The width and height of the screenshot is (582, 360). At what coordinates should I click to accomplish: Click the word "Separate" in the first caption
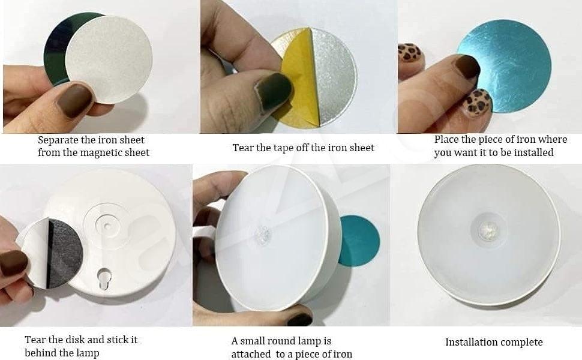57,140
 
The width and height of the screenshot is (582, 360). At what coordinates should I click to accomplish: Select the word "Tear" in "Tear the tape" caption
243,147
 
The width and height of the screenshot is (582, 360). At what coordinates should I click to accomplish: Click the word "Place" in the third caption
447,139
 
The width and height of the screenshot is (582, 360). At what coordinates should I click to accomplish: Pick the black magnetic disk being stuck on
63,252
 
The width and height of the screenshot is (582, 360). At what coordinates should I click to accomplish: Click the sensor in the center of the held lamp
263,235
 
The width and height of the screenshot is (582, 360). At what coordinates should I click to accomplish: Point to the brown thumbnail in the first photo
75,100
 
